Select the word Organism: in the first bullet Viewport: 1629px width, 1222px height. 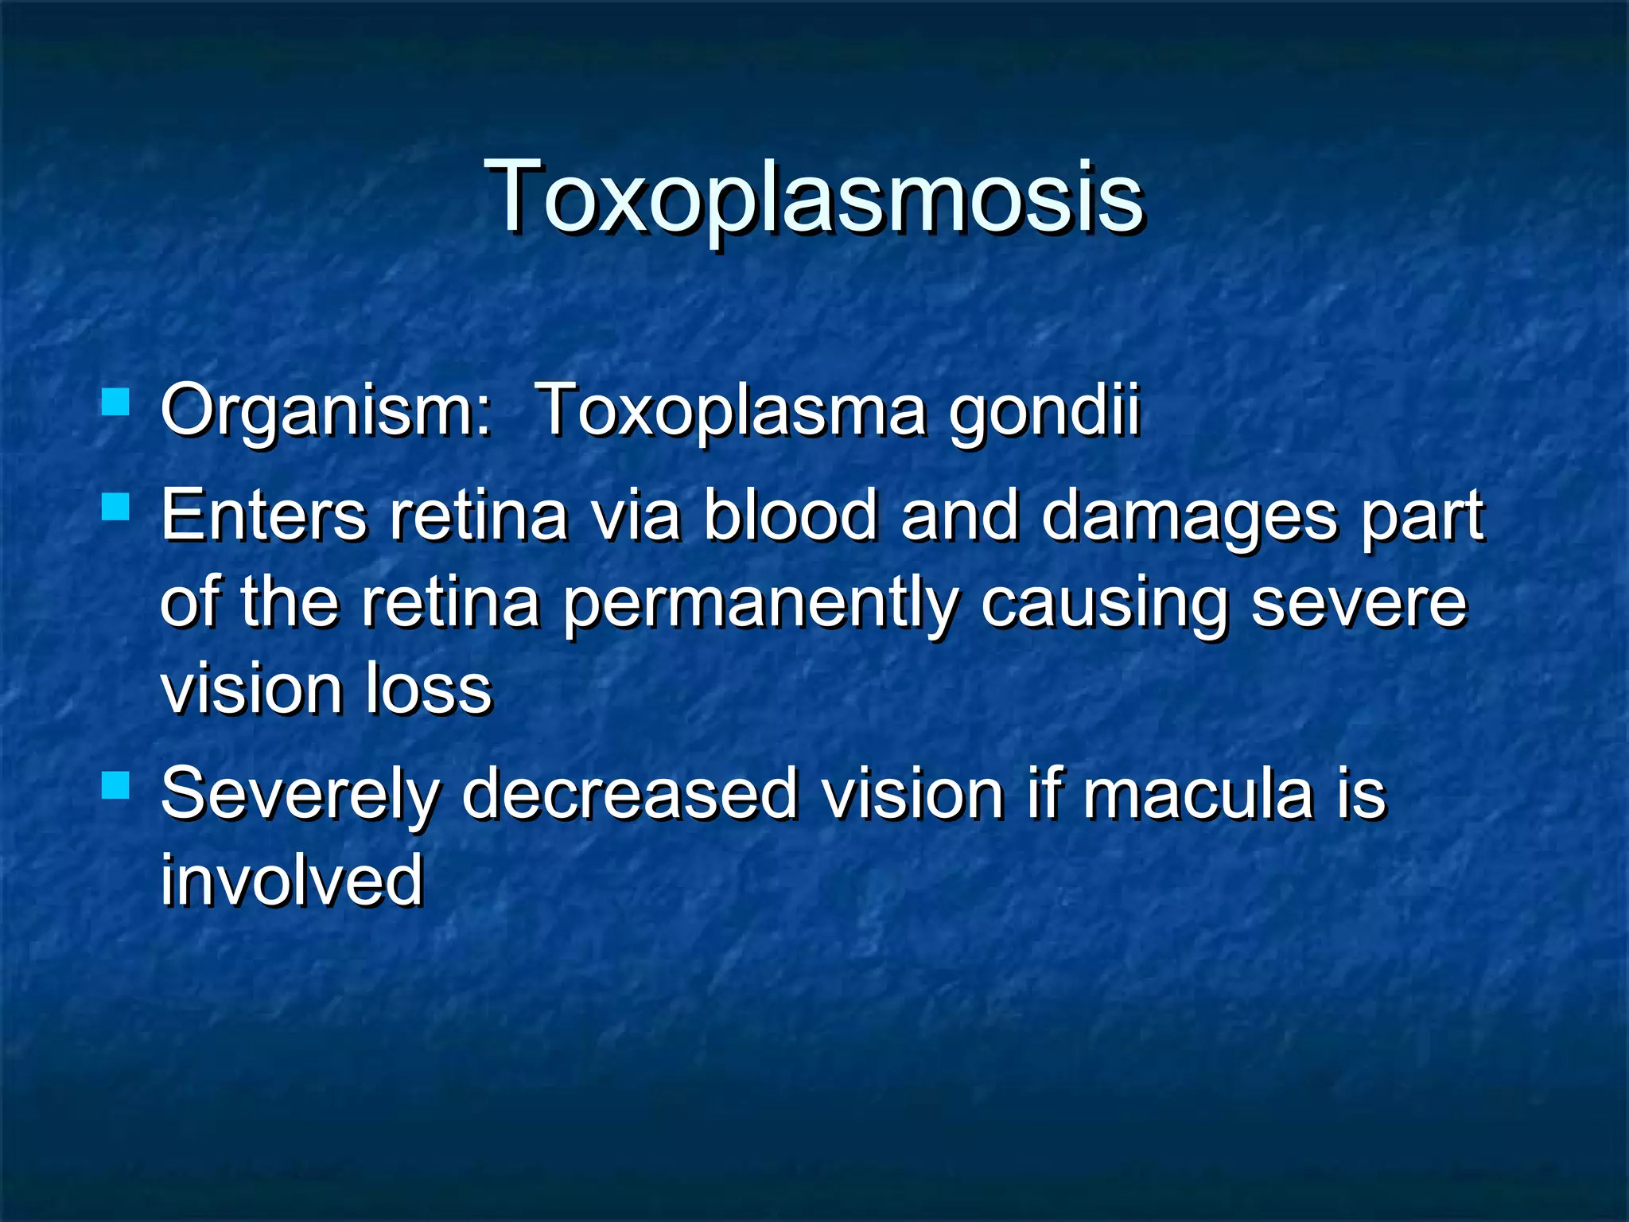coord(326,412)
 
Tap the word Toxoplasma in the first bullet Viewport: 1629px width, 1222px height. coord(731,411)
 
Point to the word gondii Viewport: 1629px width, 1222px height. coord(1044,414)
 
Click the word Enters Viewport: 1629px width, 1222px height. coord(263,516)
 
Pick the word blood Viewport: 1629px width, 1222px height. coord(790,516)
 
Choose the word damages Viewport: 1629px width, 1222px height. coord(1189,519)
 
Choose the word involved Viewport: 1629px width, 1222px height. coord(292,880)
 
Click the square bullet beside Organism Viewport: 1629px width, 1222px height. coord(116,402)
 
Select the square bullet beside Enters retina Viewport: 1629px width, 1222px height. coord(116,506)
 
